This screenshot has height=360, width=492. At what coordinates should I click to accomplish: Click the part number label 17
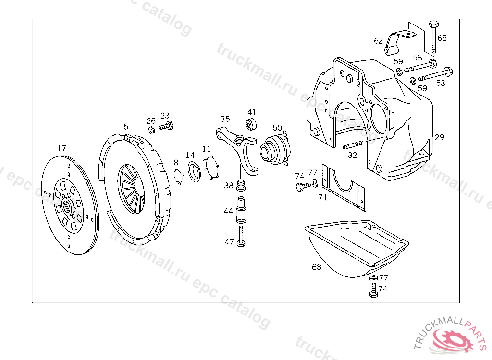click(x=61, y=148)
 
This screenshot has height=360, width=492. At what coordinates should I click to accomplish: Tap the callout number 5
click(x=126, y=127)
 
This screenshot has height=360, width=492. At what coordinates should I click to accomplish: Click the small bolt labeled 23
click(x=166, y=127)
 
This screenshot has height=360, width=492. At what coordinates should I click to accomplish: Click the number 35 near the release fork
click(x=225, y=119)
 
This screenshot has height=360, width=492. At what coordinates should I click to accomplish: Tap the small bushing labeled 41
click(x=251, y=124)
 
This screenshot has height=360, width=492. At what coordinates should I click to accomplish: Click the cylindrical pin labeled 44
click(x=241, y=211)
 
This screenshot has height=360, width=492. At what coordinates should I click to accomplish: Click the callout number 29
click(x=440, y=137)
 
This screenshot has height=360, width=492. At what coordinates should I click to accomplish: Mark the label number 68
click(x=316, y=267)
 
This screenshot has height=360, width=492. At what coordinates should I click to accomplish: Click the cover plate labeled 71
click(x=342, y=187)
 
